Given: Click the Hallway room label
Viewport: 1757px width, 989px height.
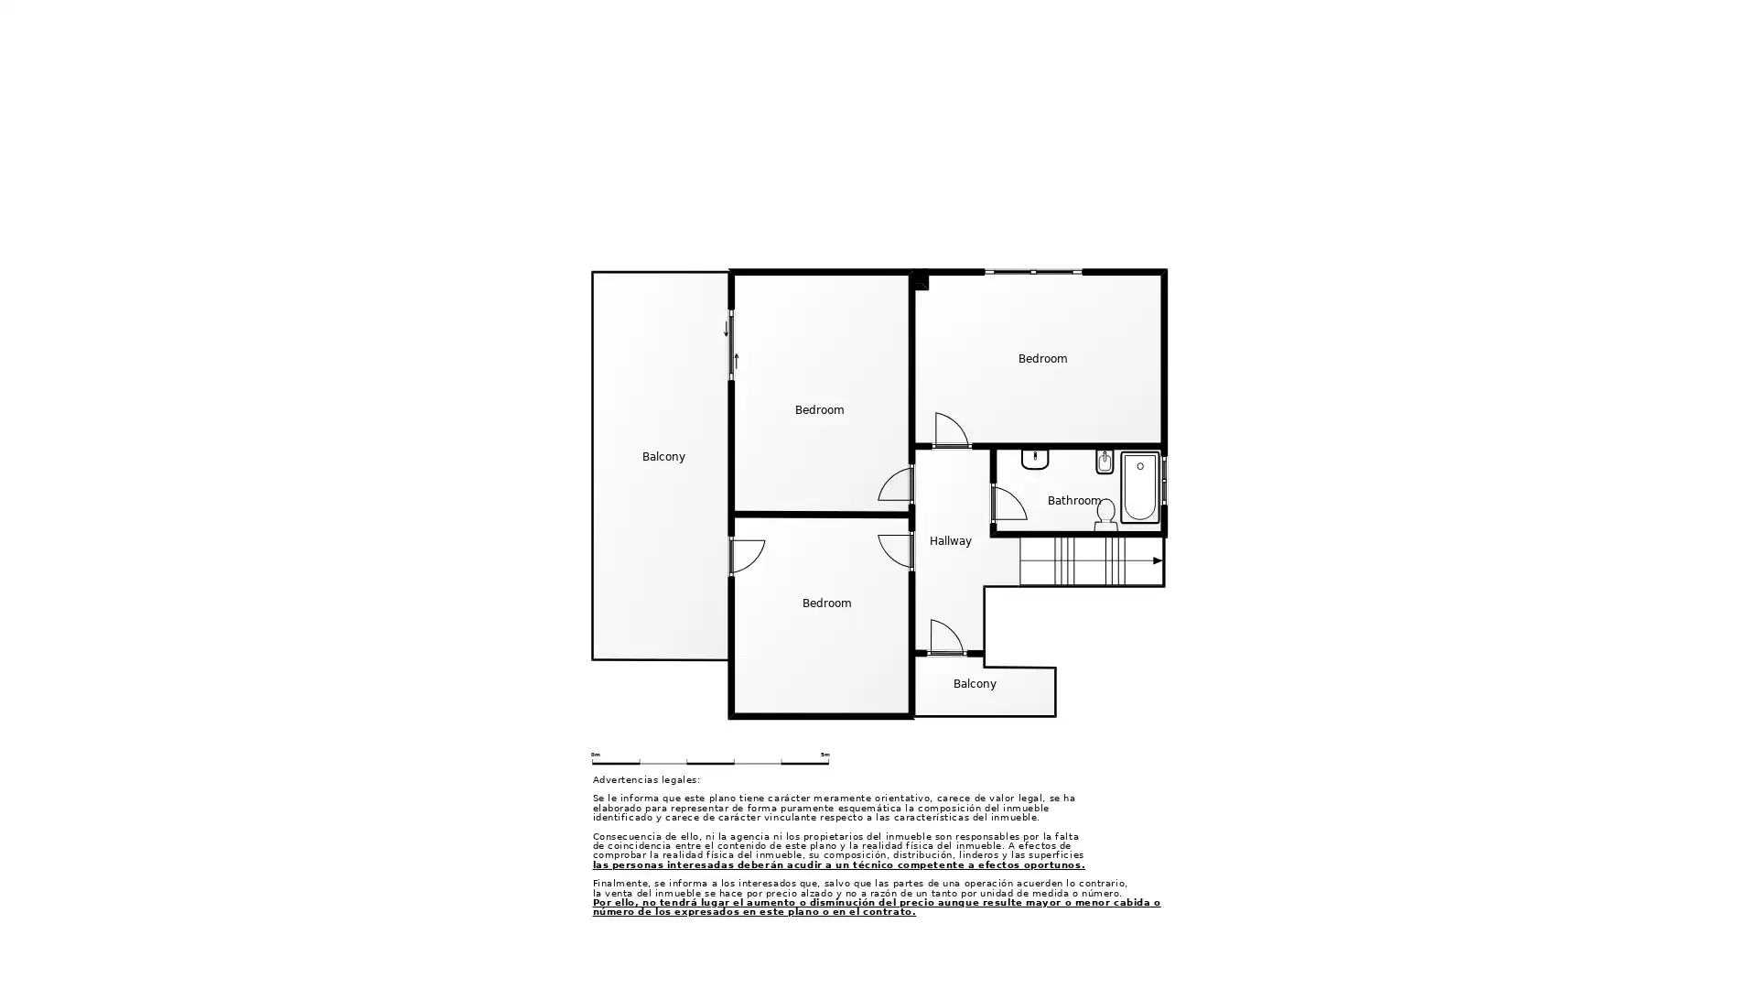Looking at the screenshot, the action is [x=950, y=541].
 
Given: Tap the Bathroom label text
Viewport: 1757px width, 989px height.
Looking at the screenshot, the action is [x=1073, y=501].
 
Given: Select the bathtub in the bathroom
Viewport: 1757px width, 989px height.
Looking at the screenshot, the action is [x=1140, y=488].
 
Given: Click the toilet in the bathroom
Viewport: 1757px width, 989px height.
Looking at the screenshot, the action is [x=1105, y=515].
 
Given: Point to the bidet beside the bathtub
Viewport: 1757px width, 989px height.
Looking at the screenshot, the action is [x=1105, y=462].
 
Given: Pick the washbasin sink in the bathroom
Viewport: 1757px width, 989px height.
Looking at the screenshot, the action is [x=1035, y=459].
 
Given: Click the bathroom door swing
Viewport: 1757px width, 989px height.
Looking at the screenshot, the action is [x=1008, y=504].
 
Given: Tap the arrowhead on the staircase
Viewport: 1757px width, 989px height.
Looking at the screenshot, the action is [x=1158, y=560].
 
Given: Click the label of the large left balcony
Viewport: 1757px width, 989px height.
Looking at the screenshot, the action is [x=663, y=457].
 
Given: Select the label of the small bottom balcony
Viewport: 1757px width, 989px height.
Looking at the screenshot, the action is [x=975, y=684].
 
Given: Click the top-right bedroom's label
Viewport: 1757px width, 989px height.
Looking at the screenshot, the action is [x=1042, y=359].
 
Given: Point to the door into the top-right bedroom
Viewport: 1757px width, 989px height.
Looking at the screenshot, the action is [x=951, y=430].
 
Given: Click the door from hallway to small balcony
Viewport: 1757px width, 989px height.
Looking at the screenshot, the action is [x=946, y=637].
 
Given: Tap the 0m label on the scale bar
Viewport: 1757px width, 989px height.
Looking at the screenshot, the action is [x=596, y=755].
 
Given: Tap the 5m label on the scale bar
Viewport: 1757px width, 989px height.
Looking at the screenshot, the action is [x=825, y=755].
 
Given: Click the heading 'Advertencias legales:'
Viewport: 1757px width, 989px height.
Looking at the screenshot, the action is [x=646, y=780].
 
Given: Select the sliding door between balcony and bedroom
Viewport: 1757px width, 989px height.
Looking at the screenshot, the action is [x=731, y=345].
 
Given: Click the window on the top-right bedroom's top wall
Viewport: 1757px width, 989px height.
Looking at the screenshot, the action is [x=1033, y=272].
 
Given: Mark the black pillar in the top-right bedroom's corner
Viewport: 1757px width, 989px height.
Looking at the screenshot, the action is [x=920, y=280].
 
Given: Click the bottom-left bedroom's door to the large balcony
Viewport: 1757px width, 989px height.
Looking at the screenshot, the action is [x=747, y=557].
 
